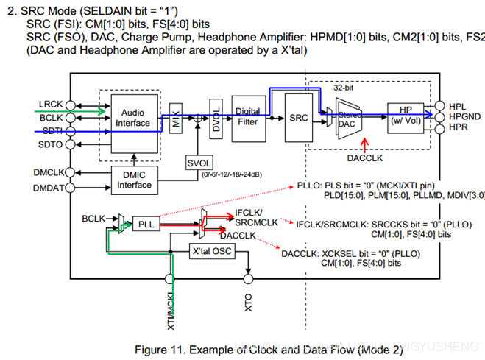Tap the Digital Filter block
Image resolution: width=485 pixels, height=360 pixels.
pos(248,116)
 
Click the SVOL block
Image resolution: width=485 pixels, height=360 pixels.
pos(199,163)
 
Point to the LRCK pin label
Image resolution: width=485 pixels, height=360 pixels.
pos(51,105)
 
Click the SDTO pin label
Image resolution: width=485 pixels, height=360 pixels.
pos(51,144)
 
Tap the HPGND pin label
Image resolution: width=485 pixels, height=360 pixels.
pos(465,116)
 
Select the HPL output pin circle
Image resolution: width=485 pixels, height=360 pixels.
pos(440,105)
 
